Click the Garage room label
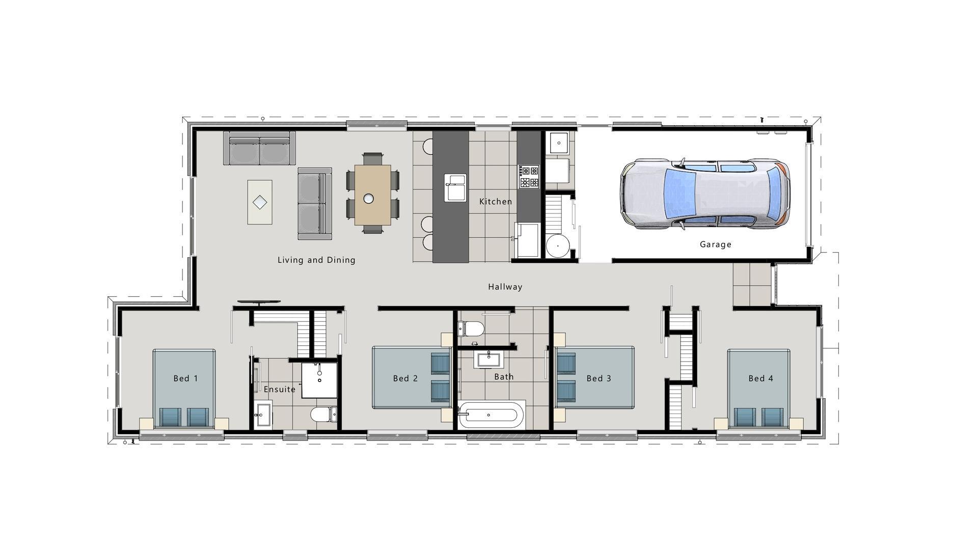(715, 244)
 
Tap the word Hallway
(505, 287)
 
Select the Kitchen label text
(496, 202)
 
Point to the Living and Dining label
(316, 260)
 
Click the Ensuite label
(280, 390)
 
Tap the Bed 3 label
(599, 378)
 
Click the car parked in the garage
(705, 194)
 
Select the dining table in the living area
(372, 195)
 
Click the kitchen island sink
(455, 187)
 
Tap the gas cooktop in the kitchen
(529, 177)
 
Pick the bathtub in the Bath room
(491, 415)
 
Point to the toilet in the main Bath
(471, 328)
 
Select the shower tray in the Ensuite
(319, 380)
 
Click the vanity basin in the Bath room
(489, 359)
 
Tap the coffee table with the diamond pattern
(260, 202)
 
